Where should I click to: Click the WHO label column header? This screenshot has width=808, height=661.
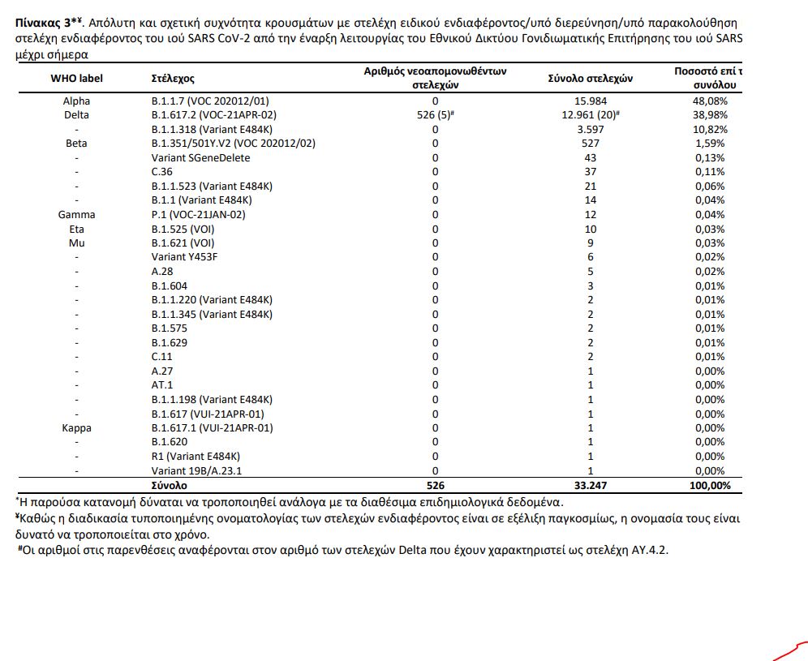point(76,79)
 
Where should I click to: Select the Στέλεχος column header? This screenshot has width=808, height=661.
point(173,79)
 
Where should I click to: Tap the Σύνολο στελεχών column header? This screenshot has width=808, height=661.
point(591,79)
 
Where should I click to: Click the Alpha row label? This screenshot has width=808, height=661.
point(76,101)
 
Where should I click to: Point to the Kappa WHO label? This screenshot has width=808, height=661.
point(76,427)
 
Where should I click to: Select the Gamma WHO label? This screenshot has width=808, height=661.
point(76,215)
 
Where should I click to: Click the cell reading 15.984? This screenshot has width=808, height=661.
point(591,101)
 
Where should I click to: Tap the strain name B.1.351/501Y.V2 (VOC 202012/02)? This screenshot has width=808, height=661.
point(233,144)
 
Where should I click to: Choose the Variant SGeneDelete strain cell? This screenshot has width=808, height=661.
point(200,158)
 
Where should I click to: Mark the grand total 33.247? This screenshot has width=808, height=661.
point(591,485)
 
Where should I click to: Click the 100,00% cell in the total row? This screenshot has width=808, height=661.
point(707,485)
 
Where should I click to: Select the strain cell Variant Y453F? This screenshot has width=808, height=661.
point(186,257)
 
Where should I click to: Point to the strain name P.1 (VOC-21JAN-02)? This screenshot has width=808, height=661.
point(198,215)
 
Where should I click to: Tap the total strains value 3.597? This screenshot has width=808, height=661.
point(591,130)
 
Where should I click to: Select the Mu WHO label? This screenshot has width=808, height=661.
point(76,243)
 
